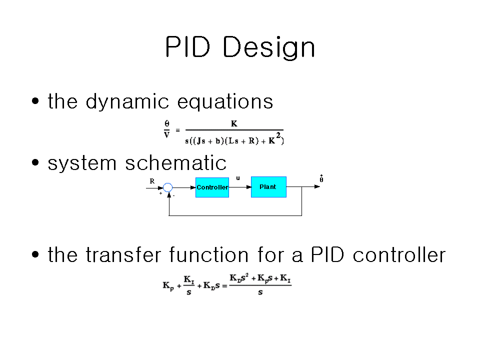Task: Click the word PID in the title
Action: click(x=187, y=47)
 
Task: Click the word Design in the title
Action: click(x=269, y=48)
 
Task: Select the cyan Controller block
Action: click(x=212, y=187)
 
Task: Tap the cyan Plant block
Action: click(x=268, y=187)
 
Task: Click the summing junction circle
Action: click(x=168, y=187)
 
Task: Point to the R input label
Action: click(x=152, y=181)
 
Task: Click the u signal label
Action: click(x=238, y=178)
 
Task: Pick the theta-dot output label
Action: click(x=321, y=179)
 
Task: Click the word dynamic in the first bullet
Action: click(x=127, y=101)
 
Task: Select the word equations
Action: click(x=225, y=102)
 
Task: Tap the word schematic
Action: click(x=175, y=163)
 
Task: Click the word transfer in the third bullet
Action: click(x=123, y=254)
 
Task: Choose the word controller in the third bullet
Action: click(x=399, y=254)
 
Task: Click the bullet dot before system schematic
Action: click(x=35, y=162)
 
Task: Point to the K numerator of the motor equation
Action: click(x=234, y=123)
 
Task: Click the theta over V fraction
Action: click(x=167, y=129)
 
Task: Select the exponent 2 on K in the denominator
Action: click(x=278, y=135)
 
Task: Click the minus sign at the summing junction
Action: click(x=174, y=195)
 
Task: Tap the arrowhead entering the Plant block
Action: click(x=248, y=187)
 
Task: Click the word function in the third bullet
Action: click(x=209, y=254)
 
